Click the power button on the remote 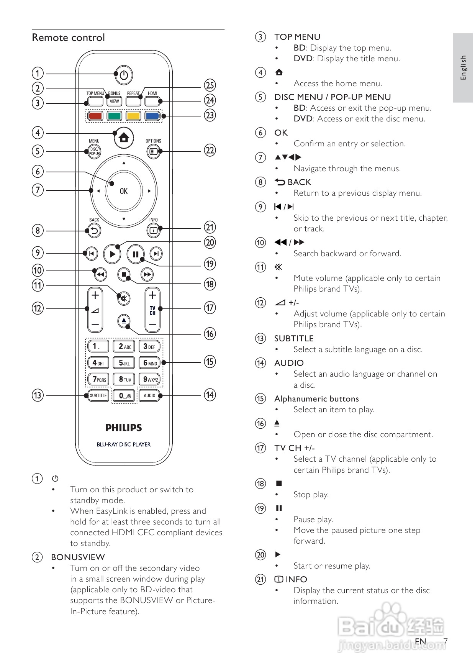123,75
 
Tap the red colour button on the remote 95,116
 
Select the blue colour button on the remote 152,116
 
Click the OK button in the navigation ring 124,191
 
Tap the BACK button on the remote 94,231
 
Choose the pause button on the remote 135,254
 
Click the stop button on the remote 124,274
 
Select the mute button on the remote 123,298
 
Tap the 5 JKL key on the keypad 124,363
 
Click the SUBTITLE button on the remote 98,395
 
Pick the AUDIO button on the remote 149,395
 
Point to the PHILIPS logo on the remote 124,428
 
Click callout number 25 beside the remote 210,85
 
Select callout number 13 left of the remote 38,395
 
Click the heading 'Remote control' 69,38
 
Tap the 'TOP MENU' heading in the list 297,37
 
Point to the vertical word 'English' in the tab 464,67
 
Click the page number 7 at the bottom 445,641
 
